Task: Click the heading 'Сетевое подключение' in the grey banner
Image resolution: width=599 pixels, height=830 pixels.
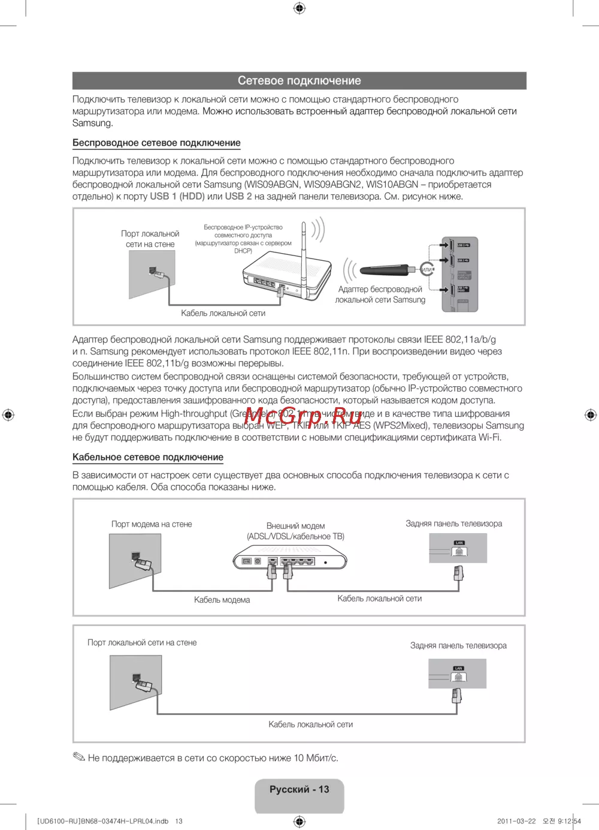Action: (x=299, y=80)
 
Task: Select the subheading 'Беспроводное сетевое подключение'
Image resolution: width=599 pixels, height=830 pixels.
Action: (x=156, y=143)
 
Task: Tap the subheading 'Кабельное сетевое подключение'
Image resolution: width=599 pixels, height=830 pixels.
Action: (x=148, y=457)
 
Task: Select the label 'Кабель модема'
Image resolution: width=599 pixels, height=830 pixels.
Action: (x=222, y=600)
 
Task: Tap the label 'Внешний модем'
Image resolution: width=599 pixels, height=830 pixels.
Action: (x=295, y=525)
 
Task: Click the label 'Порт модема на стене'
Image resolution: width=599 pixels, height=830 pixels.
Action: (x=152, y=524)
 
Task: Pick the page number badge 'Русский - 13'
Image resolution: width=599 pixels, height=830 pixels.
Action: (x=299, y=790)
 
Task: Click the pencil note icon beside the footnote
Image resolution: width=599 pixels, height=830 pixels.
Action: (x=79, y=757)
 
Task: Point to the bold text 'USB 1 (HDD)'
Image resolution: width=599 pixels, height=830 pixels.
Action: (x=177, y=196)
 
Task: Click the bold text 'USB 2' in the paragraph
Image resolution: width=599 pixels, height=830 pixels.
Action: (x=238, y=196)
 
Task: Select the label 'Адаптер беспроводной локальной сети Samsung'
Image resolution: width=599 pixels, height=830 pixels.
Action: (x=380, y=294)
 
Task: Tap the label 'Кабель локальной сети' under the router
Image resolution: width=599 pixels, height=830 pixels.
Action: (x=223, y=313)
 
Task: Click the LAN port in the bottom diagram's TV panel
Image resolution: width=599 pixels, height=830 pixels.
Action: (x=458, y=676)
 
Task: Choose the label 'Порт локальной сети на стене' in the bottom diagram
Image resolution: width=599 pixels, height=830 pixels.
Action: (x=142, y=642)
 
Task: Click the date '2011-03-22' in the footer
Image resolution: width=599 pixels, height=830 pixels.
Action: (x=516, y=821)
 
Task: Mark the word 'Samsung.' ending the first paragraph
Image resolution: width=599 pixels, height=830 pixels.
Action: (x=93, y=123)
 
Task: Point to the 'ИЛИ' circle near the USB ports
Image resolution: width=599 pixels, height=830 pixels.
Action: (x=426, y=270)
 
